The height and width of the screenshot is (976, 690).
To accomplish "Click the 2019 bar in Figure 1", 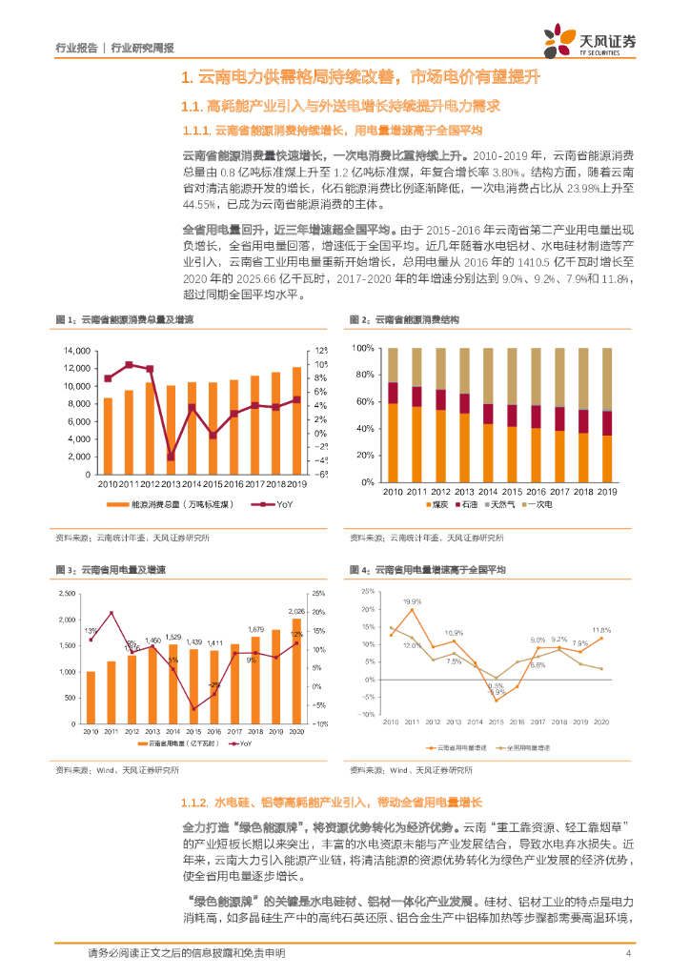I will click(295, 420).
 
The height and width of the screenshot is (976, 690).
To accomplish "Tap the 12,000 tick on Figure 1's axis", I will click(78, 369).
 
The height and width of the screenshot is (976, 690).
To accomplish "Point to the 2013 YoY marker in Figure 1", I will click(171, 457).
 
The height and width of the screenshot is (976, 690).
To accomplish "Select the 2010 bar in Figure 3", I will click(91, 698).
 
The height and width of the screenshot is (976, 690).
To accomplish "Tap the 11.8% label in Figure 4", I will click(601, 630).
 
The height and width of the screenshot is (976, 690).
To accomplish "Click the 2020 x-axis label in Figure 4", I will click(601, 723).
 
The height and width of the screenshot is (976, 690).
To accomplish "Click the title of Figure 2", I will click(404, 319).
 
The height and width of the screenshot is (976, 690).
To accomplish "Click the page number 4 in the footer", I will click(628, 952).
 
